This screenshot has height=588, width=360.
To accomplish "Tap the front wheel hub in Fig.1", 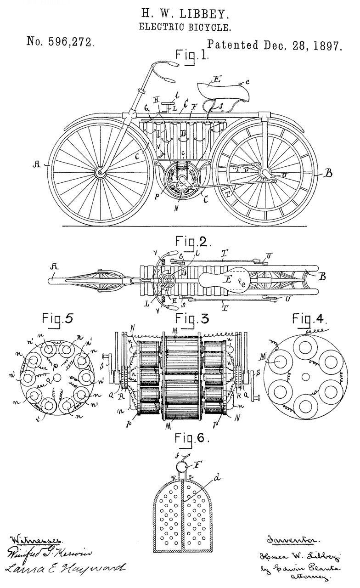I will point(100,173).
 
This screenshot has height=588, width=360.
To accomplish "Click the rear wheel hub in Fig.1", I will point(265,172).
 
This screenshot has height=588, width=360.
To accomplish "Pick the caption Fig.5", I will point(57,318).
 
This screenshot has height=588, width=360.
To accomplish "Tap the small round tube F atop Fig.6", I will point(182,468).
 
